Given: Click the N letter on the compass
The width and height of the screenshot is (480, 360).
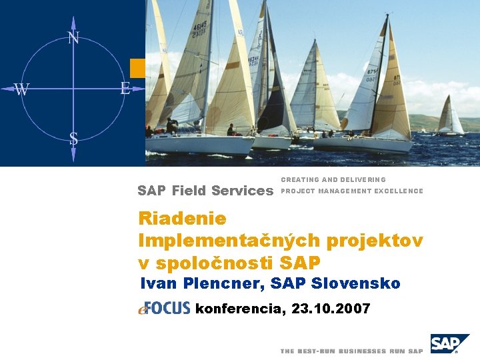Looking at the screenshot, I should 73,38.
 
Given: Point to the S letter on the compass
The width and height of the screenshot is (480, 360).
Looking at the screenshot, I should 73,139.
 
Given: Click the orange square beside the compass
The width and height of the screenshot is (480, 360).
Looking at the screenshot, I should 137,68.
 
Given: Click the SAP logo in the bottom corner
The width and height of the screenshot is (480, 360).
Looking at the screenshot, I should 449,344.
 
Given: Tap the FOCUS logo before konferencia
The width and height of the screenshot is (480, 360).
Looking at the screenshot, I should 165,308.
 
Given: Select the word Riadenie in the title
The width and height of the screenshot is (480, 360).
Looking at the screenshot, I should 182,219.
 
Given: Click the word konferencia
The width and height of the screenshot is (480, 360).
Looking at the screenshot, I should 240,309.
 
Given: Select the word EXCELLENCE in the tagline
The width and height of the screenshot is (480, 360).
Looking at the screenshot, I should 399,191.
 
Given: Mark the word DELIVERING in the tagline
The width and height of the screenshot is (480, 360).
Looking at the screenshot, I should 363,180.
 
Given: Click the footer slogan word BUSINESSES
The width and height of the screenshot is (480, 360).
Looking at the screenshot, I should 363,351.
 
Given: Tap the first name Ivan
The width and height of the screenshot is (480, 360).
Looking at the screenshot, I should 157,284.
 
